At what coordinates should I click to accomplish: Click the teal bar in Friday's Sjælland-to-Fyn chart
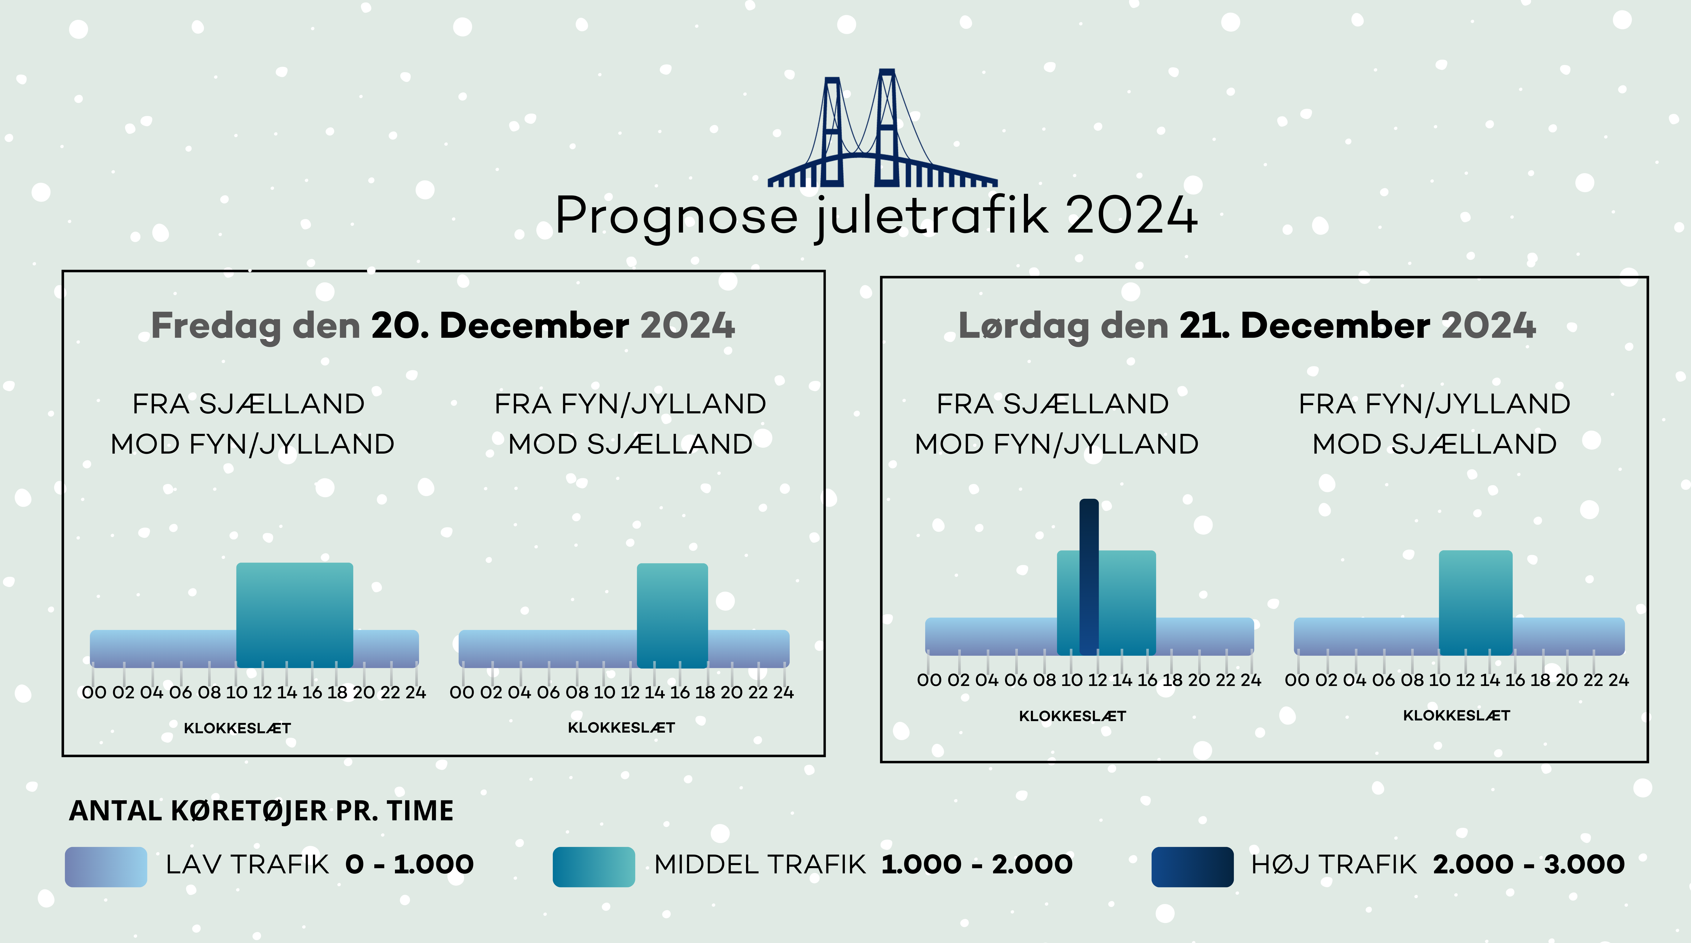[295, 615]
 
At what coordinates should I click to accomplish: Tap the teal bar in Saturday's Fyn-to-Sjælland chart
[1476, 602]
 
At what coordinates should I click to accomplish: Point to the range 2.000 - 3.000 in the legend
[1529, 864]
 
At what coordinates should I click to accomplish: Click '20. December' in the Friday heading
[500, 325]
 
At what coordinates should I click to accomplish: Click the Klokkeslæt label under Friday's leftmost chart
[237, 728]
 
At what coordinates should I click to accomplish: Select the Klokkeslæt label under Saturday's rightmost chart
[1457, 715]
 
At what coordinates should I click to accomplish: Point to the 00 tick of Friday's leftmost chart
[94, 692]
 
